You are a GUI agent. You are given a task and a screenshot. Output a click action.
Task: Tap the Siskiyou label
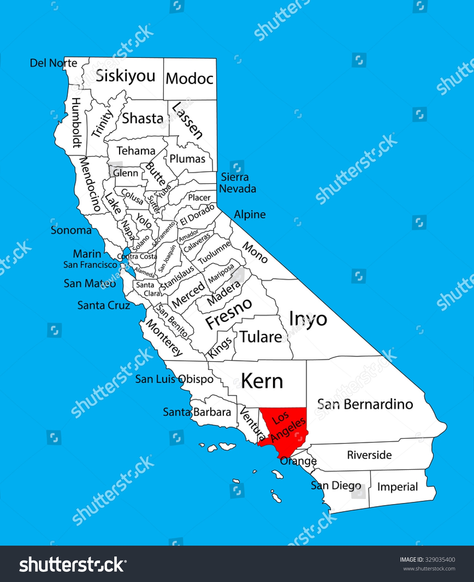click(x=125, y=76)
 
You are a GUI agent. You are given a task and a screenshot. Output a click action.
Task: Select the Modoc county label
click(x=189, y=79)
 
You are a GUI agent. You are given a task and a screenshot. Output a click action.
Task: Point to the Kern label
click(x=262, y=381)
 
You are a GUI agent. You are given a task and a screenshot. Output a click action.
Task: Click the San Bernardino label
click(x=365, y=404)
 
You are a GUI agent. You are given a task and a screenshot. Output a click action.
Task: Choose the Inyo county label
click(x=308, y=319)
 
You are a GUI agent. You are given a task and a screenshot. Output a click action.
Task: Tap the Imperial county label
click(x=397, y=487)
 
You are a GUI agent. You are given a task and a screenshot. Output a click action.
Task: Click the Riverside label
click(x=369, y=455)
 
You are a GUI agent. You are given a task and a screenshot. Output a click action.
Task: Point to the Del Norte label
click(x=54, y=63)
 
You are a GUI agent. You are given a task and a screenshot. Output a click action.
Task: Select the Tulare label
click(x=261, y=337)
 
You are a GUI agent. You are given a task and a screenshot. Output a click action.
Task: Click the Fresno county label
click(x=228, y=313)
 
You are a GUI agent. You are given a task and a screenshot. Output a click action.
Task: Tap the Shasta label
click(x=143, y=118)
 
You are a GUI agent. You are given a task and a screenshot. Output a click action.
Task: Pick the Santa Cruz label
click(x=103, y=305)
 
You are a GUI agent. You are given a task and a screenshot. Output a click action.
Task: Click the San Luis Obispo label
click(x=174, y=379)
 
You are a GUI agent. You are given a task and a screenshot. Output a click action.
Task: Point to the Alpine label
click(x=250, y=214)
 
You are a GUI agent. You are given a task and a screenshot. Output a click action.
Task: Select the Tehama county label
click(x=136, y=151)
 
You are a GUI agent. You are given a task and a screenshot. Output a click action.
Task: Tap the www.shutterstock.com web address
click(x=429, y=569)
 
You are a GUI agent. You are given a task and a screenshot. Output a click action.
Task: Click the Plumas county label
click(x=187, y=159)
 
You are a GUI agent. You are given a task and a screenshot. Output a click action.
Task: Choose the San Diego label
click(x=336, y=485)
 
